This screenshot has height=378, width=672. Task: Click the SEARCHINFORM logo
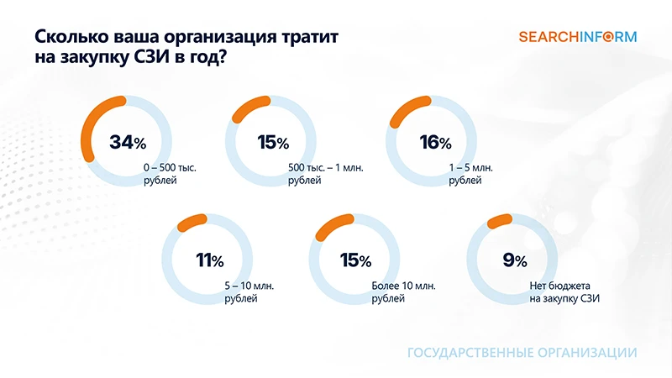[x=577, y=36]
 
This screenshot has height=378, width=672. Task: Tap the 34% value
[x=127, y=142]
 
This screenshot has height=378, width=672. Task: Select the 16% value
[x=435, y=142]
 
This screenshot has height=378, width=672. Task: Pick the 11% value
[x=209, y=260]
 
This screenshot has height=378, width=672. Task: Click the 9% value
[x=514, y=260]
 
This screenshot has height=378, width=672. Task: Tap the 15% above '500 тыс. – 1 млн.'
[x=273, y=142]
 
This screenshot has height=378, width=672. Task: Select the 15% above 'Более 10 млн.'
[x=354, y=260]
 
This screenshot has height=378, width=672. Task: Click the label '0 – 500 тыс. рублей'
[x=171, y=174]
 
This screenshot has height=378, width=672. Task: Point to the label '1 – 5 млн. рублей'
[x=470, y=174]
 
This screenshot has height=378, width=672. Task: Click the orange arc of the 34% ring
[x=88, y=126]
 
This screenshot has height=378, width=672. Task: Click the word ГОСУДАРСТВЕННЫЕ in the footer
[x=463, y=353]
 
